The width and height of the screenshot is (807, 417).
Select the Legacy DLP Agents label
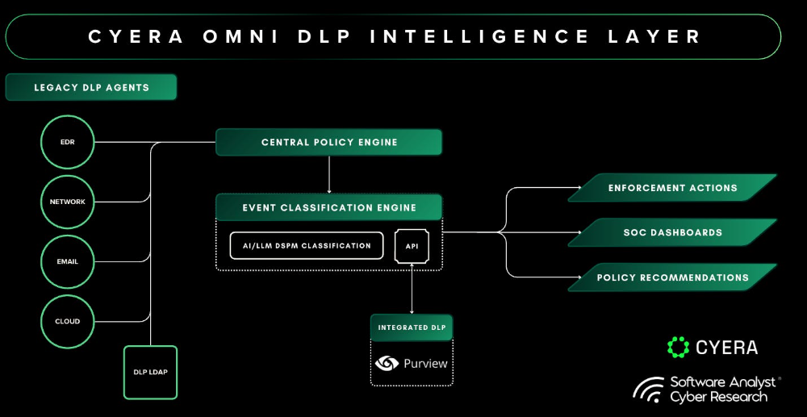(x=91, y=87)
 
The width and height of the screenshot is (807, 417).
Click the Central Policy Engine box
(x=329, y=142)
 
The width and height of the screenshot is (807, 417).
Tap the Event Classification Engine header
(x=329, y=208)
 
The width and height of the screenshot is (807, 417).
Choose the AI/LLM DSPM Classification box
(x=306, y=246)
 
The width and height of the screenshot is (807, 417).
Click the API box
(x=412, y=246)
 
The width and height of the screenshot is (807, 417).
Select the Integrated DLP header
(x=412, y=327)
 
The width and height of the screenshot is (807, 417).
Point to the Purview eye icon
(x=387, y=364)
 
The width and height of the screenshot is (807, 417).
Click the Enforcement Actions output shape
(x=672, y=188)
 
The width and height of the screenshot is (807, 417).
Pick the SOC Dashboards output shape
(x=672, y=232)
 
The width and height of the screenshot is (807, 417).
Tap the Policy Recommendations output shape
(x=672, y=277)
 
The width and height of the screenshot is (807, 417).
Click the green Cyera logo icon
(x=679, y=347)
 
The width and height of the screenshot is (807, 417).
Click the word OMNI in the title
(x=240, y=37)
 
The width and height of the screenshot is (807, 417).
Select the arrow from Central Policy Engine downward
(x=329, y=174)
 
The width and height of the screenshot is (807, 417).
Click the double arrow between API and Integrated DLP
(x=412, y=289)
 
